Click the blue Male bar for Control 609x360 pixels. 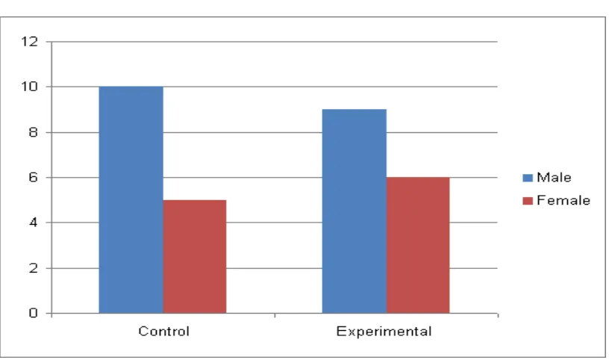click(131, 199)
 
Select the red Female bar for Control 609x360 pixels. click(195, 256)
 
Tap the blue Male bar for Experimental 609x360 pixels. click(355, 211)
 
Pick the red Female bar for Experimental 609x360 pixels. click(418, 245)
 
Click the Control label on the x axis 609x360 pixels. click(164, 331)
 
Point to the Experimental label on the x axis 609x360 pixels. click(384, 331)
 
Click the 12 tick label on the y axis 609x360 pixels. click(30, 41)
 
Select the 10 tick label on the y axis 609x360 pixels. click(30, 87)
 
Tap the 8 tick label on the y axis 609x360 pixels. click(34, 132)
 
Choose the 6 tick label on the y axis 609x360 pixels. click(34, 177)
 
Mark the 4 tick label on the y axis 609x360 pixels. click(34, 223)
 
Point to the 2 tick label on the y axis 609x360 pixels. click(34, 268)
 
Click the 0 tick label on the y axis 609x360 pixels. click(34, 313)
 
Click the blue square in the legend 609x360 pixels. click(528, 178)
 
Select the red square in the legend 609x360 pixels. click(528, 201)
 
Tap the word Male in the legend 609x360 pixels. click(554, 177)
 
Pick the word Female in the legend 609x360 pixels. click(563, 200)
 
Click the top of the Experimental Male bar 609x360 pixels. click(355, 110)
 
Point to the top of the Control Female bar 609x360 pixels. click(195, 200)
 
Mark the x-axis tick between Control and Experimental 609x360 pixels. click(275, 315)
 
